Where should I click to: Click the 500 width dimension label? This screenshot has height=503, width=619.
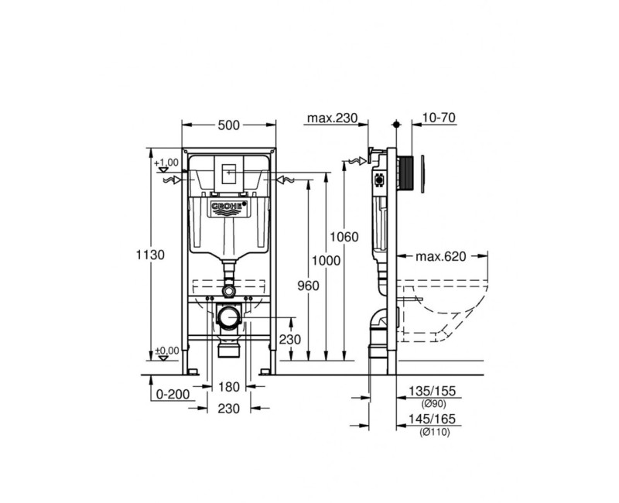point(229,125)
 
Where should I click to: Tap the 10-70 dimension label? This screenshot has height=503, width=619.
point(439,118)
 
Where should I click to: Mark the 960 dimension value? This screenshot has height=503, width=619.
point(309,286)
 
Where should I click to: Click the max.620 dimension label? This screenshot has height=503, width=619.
point(440,257)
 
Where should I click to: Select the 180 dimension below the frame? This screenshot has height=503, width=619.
point(229,387)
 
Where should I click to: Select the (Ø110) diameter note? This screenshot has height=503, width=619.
point(434,432)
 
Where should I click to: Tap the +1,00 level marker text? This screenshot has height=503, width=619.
point(166,163)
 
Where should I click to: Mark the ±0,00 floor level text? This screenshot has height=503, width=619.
point(166,351)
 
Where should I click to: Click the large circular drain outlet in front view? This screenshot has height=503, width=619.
point(229,317)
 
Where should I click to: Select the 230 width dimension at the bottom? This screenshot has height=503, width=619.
point(229,408)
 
